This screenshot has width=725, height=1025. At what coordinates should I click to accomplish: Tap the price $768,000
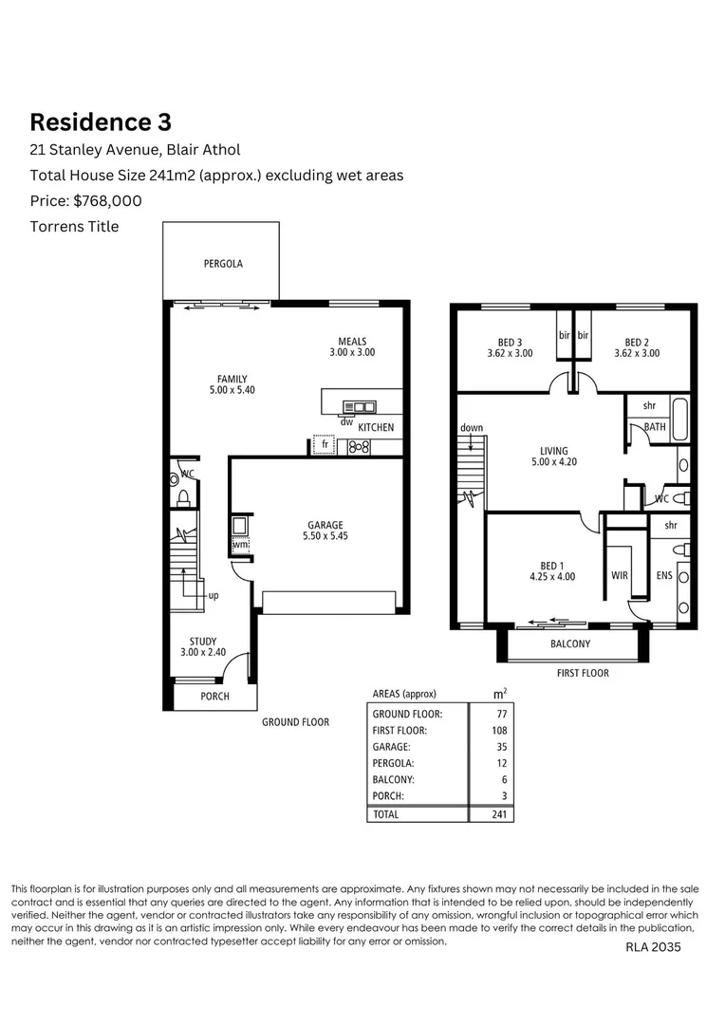tap(86, 200)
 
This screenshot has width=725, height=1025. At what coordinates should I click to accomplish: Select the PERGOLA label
tap(223, 264)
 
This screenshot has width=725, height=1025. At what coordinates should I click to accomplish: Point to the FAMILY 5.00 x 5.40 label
tap(232, 384)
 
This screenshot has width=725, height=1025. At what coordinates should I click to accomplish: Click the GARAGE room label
tap(325, 531)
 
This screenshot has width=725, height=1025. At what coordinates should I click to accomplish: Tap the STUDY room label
tap(203, 647)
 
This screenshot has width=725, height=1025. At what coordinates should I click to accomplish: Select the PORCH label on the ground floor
tap(214, 697)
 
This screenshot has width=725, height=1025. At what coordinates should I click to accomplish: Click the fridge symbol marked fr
tap(325, 444)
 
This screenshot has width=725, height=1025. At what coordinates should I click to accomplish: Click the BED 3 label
tap(510, 347)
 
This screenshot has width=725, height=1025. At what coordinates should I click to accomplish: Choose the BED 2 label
tap(637, 347)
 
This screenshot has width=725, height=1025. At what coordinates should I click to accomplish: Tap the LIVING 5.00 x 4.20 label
tap(554, 457)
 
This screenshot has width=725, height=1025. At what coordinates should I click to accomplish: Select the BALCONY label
tap(570, 643)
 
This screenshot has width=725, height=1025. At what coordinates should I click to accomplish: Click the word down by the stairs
tap(472, 428)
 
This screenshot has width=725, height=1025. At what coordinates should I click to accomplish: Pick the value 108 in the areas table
tap(500, 731)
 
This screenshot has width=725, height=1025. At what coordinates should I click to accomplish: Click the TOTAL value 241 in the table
tap(499, 813)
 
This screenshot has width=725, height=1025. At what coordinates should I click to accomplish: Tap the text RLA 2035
tap(653, 946)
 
